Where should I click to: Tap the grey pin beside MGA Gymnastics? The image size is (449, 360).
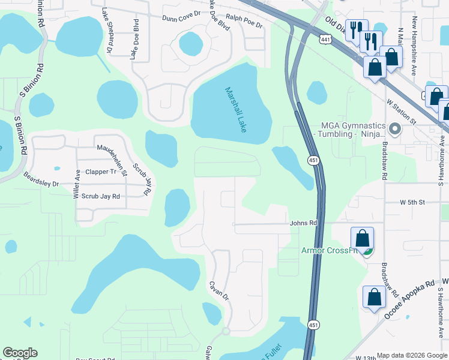tap(394, 128)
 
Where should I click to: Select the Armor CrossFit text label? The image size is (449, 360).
tap(329, 250)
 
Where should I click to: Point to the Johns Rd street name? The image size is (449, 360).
tap(303, 222)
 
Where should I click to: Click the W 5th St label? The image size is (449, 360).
tap(412, 203)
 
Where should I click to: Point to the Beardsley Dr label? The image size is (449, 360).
tap(41, 179)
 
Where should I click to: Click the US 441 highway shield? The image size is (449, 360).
tap(325, 39)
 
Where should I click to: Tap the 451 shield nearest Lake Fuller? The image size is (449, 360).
tap(314, 325)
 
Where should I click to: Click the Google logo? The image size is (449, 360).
tap(20, 353)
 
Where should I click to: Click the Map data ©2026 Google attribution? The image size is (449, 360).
tap(411, 355)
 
